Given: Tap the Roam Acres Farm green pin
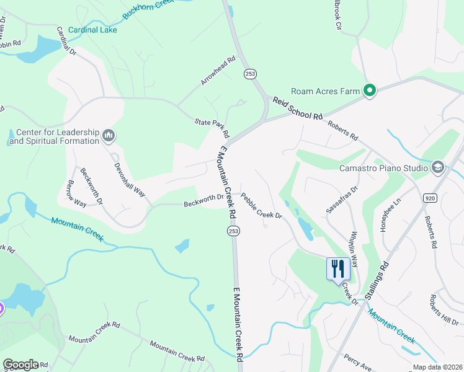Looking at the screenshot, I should (370, 92).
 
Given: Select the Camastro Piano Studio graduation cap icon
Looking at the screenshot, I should (437, 167).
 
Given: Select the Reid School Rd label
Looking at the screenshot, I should (298, 108).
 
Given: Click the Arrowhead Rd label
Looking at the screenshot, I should (218, 71).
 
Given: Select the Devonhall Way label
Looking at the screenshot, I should (129, 180).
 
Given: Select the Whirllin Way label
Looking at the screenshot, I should (353, 248).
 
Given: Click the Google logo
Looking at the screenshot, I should (20, 364).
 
